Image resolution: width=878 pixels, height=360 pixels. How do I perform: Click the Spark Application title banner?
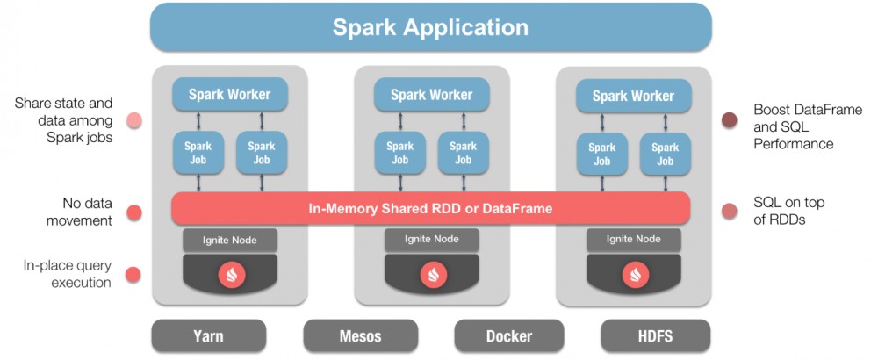click(430, 27)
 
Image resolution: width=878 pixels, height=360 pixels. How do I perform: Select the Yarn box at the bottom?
click(208, 335)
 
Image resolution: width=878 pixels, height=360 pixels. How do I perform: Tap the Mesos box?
click(360, 335)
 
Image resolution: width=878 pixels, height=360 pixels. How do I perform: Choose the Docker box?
click(509, 335)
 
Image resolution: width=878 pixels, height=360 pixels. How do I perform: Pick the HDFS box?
click(656, 335)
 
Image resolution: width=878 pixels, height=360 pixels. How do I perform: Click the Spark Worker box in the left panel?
click(231, 94)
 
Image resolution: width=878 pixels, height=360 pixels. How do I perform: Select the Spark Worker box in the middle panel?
click(432, 94)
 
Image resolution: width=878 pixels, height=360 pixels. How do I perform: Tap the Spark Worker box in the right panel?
click(633, 96)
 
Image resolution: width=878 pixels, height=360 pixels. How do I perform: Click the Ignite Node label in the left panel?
click(231, 239)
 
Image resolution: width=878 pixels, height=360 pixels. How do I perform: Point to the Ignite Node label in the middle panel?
click(432, 239)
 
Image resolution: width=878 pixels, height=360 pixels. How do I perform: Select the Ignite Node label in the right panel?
click(633, 239)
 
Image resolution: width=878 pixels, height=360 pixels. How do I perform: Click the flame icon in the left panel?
click(231, 275)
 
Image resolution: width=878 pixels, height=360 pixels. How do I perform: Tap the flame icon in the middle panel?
click(432, 275)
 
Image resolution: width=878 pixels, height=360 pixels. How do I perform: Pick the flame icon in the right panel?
click(633, 275)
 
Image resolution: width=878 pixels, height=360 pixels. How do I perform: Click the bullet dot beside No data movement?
click(134, 212)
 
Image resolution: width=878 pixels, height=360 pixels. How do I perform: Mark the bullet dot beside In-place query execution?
click(133, 274)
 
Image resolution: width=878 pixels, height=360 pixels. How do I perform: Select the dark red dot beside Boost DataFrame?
click(729, 120)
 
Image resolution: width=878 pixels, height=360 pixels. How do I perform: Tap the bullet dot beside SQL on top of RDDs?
click(729, 212)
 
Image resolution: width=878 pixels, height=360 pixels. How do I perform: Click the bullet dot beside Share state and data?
click(134, 120)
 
